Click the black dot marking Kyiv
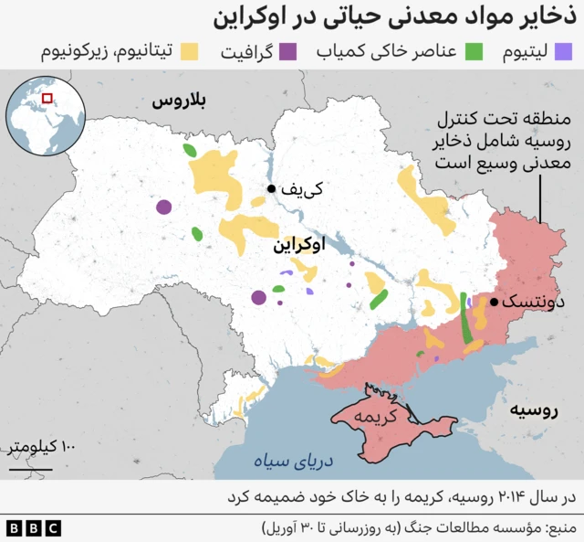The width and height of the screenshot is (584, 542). tap(271, 189)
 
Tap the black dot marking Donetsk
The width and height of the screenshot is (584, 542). tap(494, 302)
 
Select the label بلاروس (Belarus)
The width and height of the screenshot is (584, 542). tap(179, 102)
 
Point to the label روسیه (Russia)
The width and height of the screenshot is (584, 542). tap(534, 409)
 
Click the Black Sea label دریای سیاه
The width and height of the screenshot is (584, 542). tap(297, 462)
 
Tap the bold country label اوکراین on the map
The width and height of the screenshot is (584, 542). tap(297, 246)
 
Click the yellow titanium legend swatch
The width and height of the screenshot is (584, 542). tap(191, 50)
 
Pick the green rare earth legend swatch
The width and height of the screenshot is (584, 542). tap(474, 50)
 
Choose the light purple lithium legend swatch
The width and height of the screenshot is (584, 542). tap(565, 50)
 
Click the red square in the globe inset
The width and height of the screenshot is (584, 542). tap(47, 99)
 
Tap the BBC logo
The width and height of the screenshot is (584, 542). tap(33, 528)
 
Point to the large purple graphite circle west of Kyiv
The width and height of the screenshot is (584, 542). tap(163, 207)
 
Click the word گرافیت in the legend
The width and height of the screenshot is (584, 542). tap(245, 51)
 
